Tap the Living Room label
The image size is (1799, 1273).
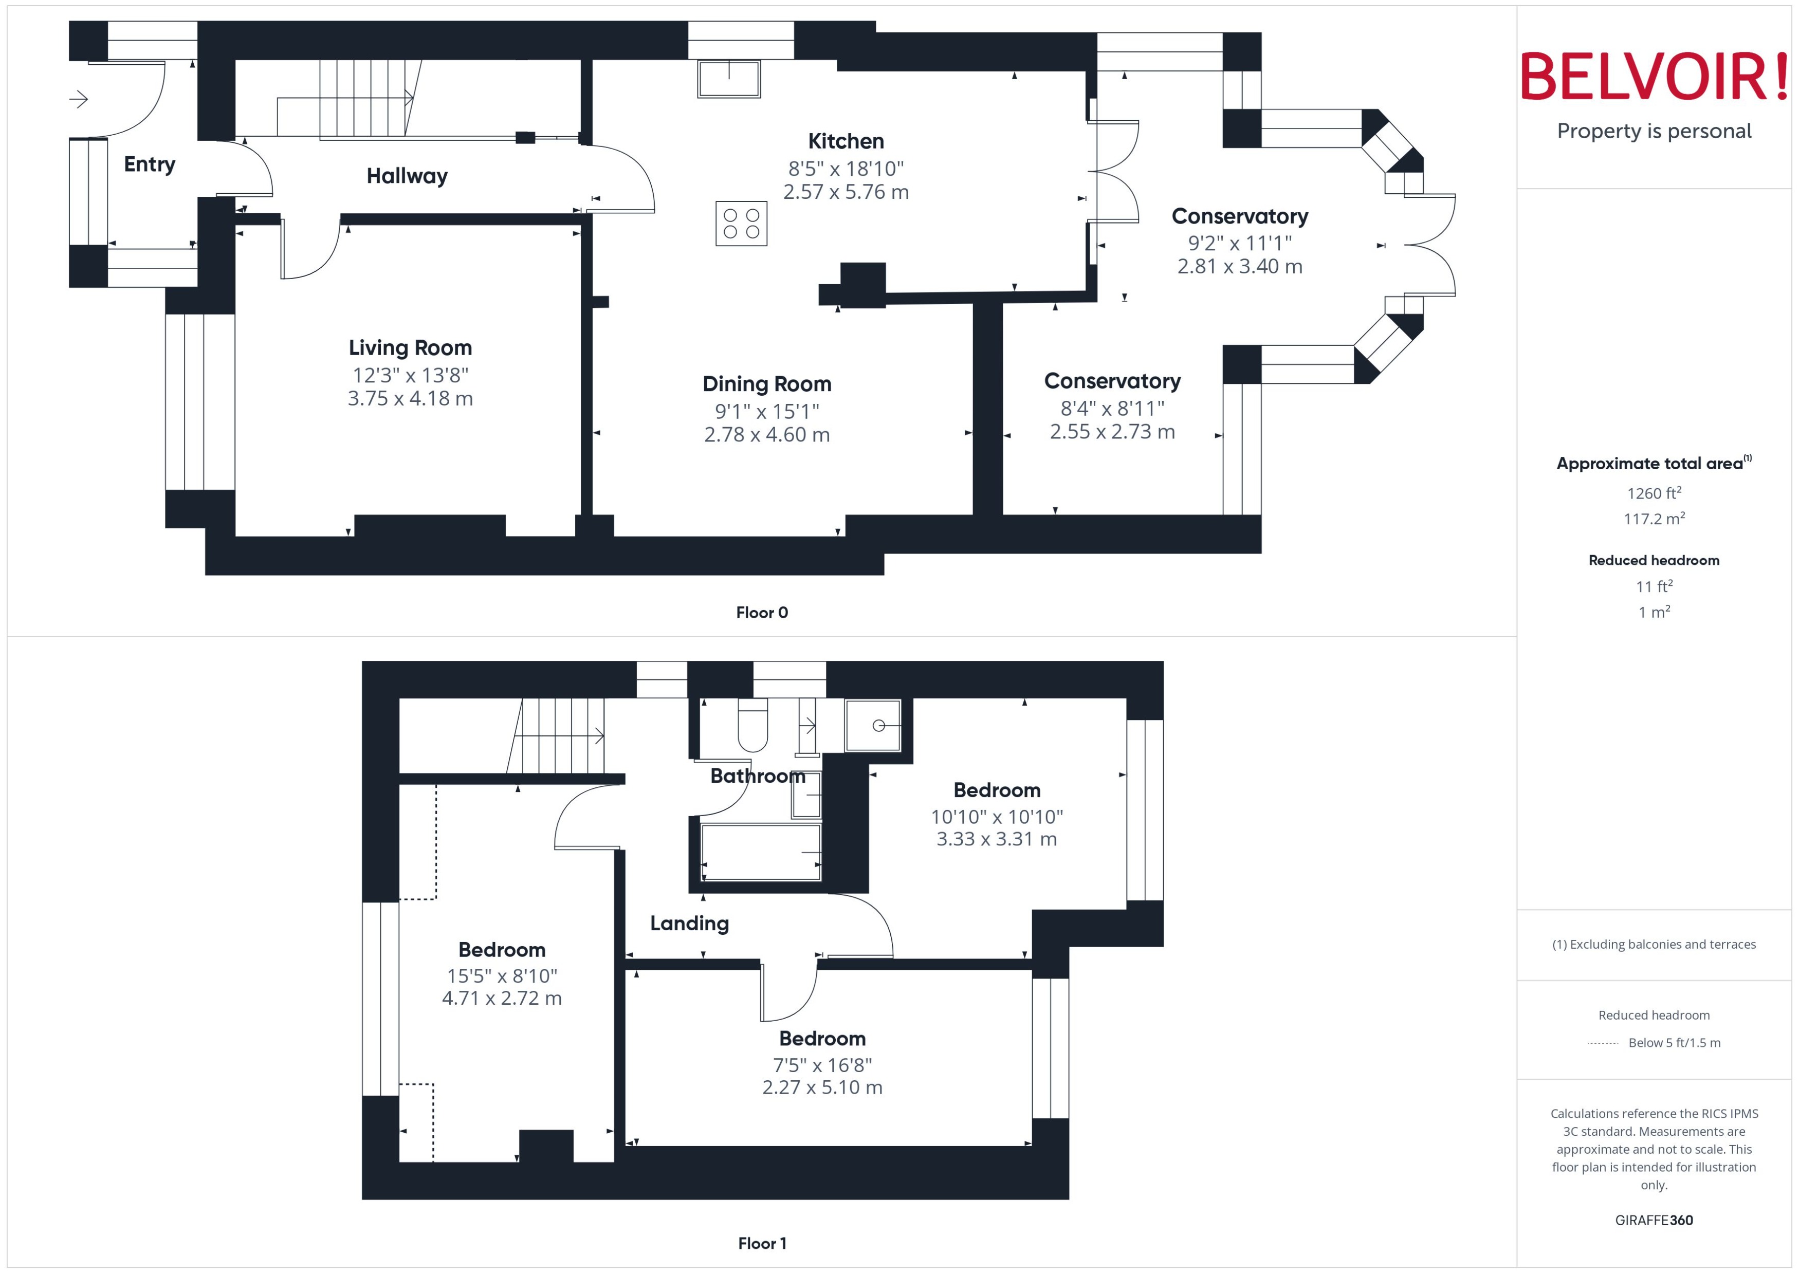tap(410, 347)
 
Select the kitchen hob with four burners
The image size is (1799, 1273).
tap(741, 224)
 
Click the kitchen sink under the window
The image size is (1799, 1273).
tap(729, 79)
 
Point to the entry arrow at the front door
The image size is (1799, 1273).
tap(79, 99)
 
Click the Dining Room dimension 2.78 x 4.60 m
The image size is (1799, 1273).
tap(767, 434)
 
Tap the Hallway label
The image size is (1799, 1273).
tap(407, 176)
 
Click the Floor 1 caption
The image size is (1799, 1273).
tap(761, 1243)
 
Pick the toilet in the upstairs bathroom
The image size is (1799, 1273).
tap(752, 726)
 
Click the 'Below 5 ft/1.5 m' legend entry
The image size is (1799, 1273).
tap(1674, 1043)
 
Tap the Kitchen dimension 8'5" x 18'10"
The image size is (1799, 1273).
tap(846, 169)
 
